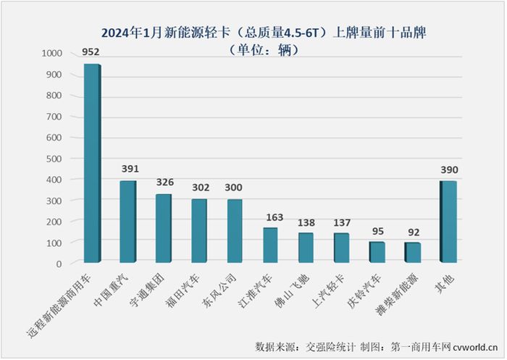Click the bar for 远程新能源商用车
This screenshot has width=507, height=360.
click(x=91, y=163)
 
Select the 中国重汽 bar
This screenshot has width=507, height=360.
click(x=127, y=222)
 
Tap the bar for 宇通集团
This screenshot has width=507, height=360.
click(x=163, y=228)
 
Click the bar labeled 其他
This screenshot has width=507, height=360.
click(x=450, y=222)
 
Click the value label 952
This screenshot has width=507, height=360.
click(x=91, y=51)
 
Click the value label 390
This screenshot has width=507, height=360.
click(x=450, y=169)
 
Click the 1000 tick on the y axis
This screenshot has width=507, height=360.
click(x=52, y=54)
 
